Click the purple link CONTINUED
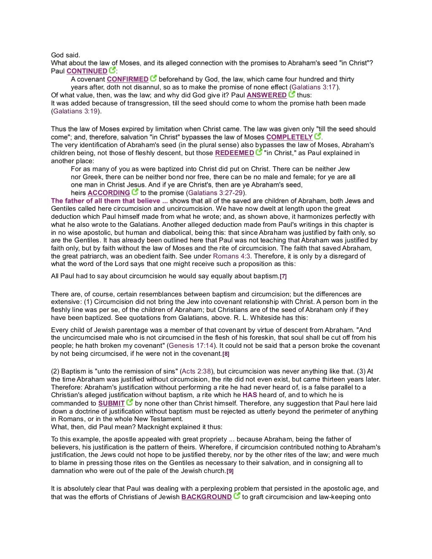click(87, 71)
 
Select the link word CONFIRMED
click(127, 79)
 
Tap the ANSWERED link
click(266, 95)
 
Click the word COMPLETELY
click(289, 137)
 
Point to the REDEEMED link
click(235, 153)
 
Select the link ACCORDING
click(109, 193)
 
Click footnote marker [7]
click(283, 277)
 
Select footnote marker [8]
click(226, 354)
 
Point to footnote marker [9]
click(230, 471)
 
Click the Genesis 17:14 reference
click(191, 346)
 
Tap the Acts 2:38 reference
click(197, 371)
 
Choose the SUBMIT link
click(111, 403)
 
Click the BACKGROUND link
click(207, 497)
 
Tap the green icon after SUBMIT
click(130, 403)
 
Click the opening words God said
click(65, 55)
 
